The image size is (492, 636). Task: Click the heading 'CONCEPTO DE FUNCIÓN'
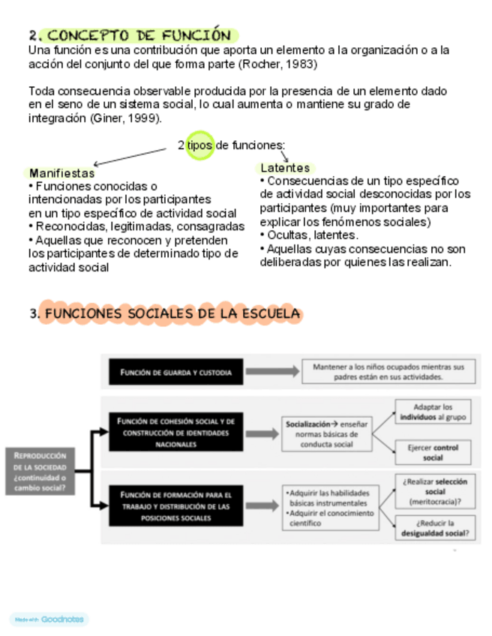coord(139,35)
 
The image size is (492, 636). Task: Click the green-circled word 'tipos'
coord(200,145)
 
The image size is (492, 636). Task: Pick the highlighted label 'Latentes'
coord(284,168)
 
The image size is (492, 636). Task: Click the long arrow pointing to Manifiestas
coord(131,155)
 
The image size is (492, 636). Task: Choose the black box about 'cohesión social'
coord(175,433)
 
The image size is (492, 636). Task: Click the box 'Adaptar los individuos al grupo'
coord(433,411)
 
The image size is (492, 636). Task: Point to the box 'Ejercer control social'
coord(433,452)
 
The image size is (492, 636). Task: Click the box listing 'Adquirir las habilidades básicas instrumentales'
coord(328,507)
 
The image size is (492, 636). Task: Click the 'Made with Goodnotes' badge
coord(49,619)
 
